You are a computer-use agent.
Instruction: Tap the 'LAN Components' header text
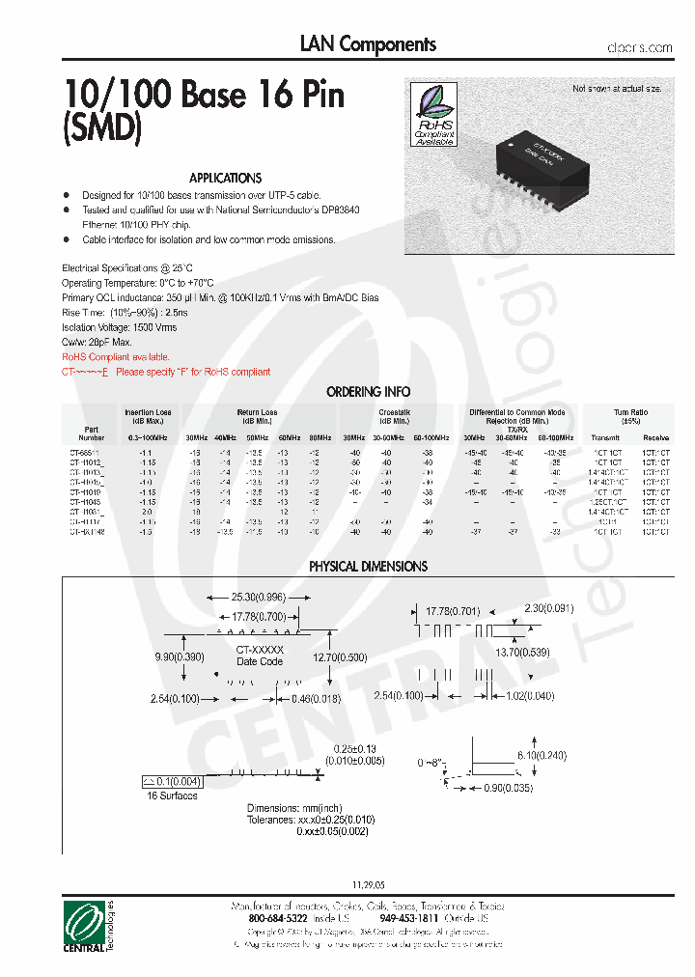(x=368, y=44)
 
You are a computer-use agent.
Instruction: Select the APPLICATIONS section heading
(x=225, y=179)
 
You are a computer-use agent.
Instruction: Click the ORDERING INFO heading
(x=368, y=392)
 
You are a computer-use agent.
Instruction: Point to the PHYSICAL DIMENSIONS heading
(x=368, y=567)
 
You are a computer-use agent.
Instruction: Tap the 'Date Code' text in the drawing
(x=260, y=661)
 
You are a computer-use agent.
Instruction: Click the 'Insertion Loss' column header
(x=147, y=412)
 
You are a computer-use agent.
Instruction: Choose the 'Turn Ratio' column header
(x=632, y=412)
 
